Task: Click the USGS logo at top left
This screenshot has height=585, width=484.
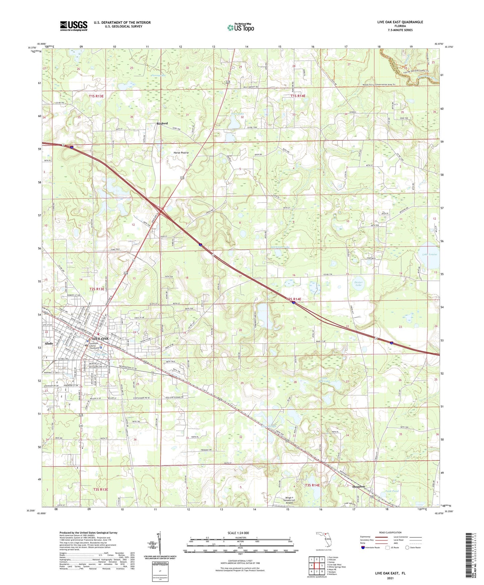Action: click(74, 26)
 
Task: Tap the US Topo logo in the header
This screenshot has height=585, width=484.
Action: click(240, 27)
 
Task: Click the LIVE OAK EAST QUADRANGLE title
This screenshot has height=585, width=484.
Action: click(400, 22)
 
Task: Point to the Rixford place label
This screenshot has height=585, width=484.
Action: click(162, 123)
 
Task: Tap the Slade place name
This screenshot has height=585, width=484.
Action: click(49, 343)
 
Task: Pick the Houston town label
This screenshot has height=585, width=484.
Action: click(358, 486)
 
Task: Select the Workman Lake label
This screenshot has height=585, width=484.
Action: click(280, 247)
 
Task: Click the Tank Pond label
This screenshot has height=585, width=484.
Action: click(392, 491)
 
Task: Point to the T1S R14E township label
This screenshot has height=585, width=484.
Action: click(298, 96)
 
